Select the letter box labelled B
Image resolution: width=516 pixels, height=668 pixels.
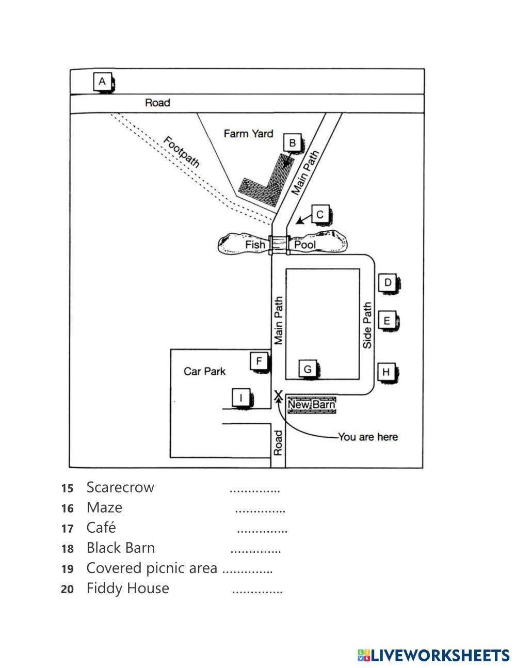(292, 143)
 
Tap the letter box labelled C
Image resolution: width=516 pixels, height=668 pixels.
(320, 214)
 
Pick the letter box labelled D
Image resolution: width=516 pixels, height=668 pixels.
(388, 282)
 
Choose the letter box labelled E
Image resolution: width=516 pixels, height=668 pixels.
(387, 321)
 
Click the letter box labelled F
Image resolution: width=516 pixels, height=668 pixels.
(259, 361)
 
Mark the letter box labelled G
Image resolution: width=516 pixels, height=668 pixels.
(308, 369)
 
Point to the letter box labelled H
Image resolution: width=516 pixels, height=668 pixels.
(386, 371)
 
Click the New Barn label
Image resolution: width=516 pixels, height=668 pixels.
(311, 405)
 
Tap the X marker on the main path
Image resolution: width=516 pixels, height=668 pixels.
(278, 395)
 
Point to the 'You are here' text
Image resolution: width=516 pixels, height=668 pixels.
(368, 437)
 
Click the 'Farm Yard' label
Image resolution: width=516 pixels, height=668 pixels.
(248, 134)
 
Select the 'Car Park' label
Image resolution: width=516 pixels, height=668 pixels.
(204, 371)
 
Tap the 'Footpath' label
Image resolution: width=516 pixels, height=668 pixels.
(181, 152)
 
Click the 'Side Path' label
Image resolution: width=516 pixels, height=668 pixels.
(367, 325)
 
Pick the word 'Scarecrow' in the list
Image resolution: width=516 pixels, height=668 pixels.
(120, 487)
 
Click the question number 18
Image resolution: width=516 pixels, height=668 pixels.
(67, 549)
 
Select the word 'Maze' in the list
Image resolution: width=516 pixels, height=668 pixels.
(104, 507)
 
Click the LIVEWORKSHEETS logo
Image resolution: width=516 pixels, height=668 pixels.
(433, 655)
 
